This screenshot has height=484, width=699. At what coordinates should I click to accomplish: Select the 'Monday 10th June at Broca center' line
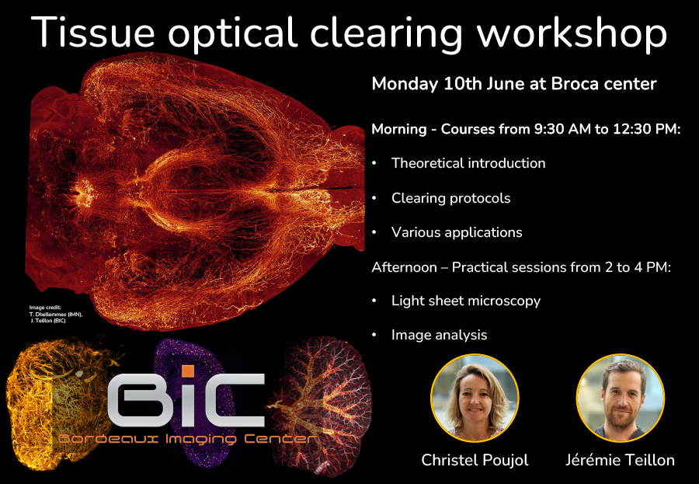(514, 84)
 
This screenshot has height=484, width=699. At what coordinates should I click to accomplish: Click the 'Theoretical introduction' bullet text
(468, 163)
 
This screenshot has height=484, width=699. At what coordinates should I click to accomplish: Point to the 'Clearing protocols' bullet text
(450, 198)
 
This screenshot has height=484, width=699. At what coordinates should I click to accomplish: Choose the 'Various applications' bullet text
(457, 232)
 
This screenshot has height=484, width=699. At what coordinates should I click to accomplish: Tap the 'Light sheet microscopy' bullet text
(466, 301)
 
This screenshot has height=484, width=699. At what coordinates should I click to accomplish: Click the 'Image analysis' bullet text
(440, 335)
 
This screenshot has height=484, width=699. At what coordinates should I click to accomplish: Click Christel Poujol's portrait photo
(475, 398)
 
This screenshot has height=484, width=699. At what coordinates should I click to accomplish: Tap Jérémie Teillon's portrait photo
(620, 398)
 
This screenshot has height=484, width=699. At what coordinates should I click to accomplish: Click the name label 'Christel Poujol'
(475, 460)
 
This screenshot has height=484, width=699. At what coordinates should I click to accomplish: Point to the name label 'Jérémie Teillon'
(620, 460)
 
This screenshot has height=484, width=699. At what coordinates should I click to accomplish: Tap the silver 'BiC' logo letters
(186, 402)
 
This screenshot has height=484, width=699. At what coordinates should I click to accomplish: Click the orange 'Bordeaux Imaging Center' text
(187, 440)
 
